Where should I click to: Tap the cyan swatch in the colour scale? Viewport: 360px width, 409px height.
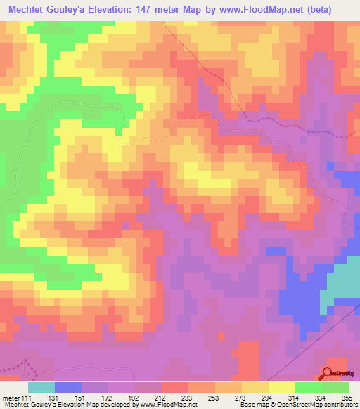tap(41, 387)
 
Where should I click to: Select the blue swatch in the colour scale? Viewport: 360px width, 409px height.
tap(68, 387)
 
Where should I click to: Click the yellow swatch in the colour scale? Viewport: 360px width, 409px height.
tap(282, 387)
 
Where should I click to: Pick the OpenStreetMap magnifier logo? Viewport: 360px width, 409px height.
tap(328, 374)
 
